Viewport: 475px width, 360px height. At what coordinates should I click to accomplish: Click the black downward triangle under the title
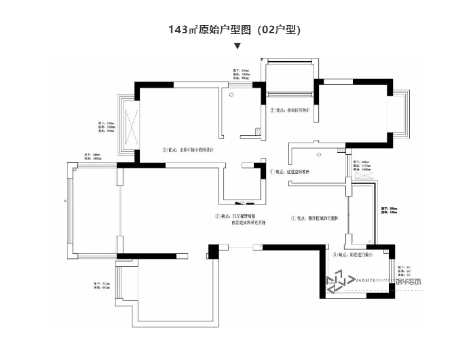pyautogui.click(x=237, y=47)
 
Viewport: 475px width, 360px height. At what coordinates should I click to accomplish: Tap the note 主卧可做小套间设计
pyautogui.click(x=191, y=150)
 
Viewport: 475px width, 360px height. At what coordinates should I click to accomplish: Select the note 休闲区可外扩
pyautogui.click(x=292, y=110)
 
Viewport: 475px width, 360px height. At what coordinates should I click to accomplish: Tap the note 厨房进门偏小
pyautogui.click(x=352, y=255)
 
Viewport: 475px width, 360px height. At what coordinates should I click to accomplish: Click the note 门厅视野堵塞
pyautogui.click(x=237, y=216)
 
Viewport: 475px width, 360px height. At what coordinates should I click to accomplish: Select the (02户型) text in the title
pyautogui.click(x=275, y=30)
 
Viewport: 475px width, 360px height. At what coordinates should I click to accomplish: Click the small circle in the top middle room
pyautogui.click(x=232, y=94)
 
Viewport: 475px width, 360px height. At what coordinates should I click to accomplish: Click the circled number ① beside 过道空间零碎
pyautogui.click(x=273, y=172)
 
